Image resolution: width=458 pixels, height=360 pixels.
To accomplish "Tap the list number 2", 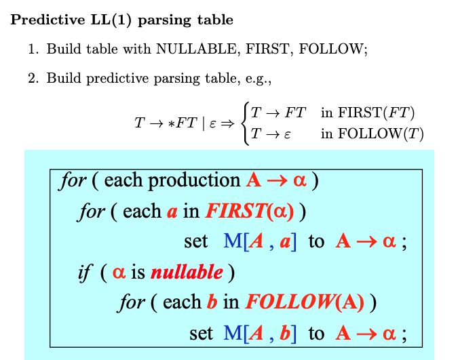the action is tap(32, 79).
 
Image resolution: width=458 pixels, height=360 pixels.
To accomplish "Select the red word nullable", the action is tap(187, 272).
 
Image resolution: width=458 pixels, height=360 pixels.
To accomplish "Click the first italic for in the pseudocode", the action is tap(73, 180).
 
